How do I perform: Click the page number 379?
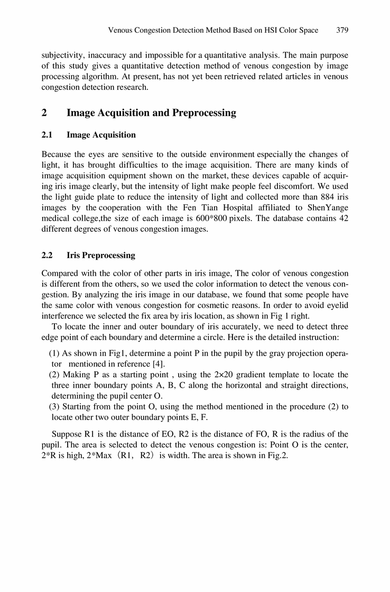coord(342,30)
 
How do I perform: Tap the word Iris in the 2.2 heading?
coord(74,256)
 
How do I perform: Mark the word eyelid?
coord(336,306)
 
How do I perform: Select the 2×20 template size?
coord(243,375)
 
